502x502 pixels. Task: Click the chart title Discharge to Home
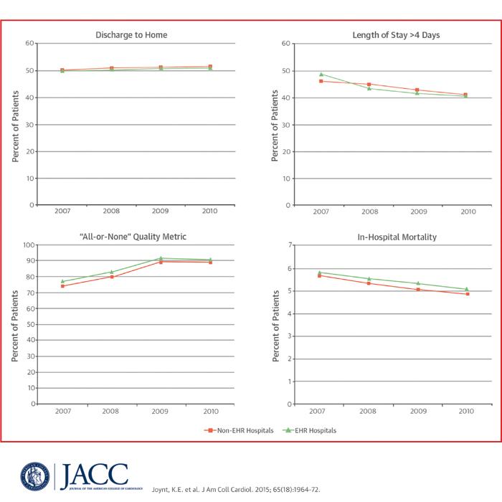point(136,34)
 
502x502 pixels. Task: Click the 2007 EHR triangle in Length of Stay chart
point(321,74)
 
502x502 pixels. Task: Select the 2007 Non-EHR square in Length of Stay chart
point(321,81)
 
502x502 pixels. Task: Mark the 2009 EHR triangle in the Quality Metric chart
point(161,258)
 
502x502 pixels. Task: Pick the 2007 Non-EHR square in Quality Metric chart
point(62,286)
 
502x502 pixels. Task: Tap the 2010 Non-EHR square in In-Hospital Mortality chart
point(467,294)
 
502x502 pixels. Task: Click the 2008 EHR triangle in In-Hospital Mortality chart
point(369,278)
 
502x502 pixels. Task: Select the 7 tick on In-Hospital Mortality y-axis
point(290,245)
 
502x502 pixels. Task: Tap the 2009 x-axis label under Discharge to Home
point(161,212)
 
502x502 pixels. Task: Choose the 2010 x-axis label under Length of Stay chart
point(467,212)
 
